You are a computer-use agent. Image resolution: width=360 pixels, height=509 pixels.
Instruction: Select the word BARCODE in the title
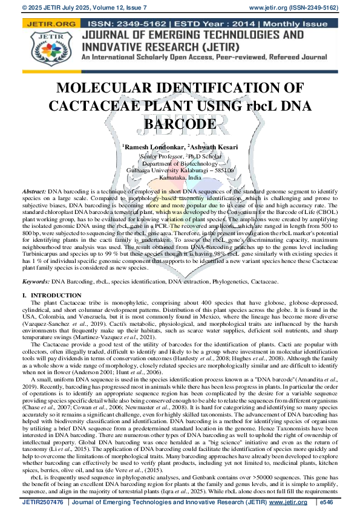180,124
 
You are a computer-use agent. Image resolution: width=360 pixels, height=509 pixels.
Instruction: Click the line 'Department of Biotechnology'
180,163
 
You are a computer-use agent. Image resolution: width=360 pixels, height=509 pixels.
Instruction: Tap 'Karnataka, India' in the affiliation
180,178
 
